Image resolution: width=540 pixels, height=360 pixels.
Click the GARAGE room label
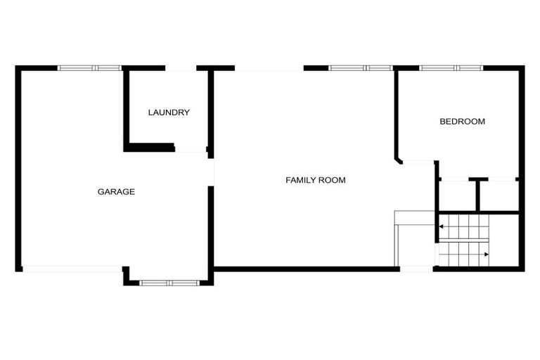116,191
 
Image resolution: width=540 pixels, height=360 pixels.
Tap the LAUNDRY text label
169,112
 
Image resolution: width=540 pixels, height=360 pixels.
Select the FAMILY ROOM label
316,180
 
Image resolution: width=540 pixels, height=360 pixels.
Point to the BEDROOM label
462,121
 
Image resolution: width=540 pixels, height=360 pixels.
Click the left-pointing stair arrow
442,227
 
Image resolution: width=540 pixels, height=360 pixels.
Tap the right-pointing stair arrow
486,254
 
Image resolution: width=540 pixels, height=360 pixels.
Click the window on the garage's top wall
90,68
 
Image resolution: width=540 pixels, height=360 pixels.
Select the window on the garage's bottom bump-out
169,283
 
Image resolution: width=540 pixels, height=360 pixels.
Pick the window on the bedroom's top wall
451,68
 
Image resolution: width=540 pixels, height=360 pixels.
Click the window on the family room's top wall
361,68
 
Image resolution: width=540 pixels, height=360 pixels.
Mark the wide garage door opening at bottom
72,269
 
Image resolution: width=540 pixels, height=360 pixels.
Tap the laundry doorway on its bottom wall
190,149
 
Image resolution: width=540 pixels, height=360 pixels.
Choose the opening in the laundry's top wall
181,68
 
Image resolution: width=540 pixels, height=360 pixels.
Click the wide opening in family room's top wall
269,68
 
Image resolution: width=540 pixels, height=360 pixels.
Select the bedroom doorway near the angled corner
419,163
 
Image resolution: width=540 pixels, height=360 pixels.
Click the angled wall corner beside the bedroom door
398,160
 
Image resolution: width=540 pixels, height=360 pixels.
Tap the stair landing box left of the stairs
415,218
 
